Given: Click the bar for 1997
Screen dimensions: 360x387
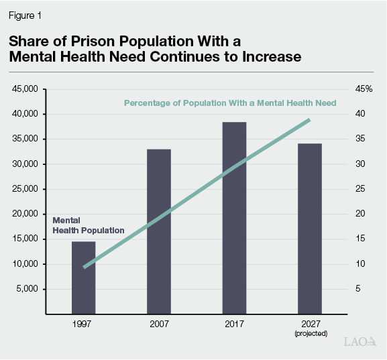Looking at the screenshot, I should pyautogui.click(x=84, y=278).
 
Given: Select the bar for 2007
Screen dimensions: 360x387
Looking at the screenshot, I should pyautogui.click(x=159, y=231).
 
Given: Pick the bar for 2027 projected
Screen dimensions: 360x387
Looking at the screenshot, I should pyautogui.click(x=309, y=229).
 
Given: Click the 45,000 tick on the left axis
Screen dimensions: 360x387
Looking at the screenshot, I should pyautogui.click(x=26, y=89).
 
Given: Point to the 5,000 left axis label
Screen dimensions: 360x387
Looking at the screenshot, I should pyautogui.click(x=29, y=290).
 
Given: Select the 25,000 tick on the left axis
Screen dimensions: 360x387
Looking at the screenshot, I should pyautogui.click(x=26, y=189).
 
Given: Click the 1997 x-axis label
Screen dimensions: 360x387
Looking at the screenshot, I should pyautogui.click(x=84, y=323).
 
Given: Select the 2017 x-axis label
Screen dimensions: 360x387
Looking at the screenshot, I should pyautogui.click(x=234, y=323).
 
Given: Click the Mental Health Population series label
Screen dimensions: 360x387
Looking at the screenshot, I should pyautogui.click(x=89, y=225).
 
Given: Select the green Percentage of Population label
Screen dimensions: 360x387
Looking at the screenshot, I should pyautogui.click(x=230, y=103).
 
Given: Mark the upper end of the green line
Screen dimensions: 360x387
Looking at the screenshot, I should pyautogui.click(x=309, y=120).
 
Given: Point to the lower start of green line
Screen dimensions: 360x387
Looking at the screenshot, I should pyautogui.click(x=85, y=267).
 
